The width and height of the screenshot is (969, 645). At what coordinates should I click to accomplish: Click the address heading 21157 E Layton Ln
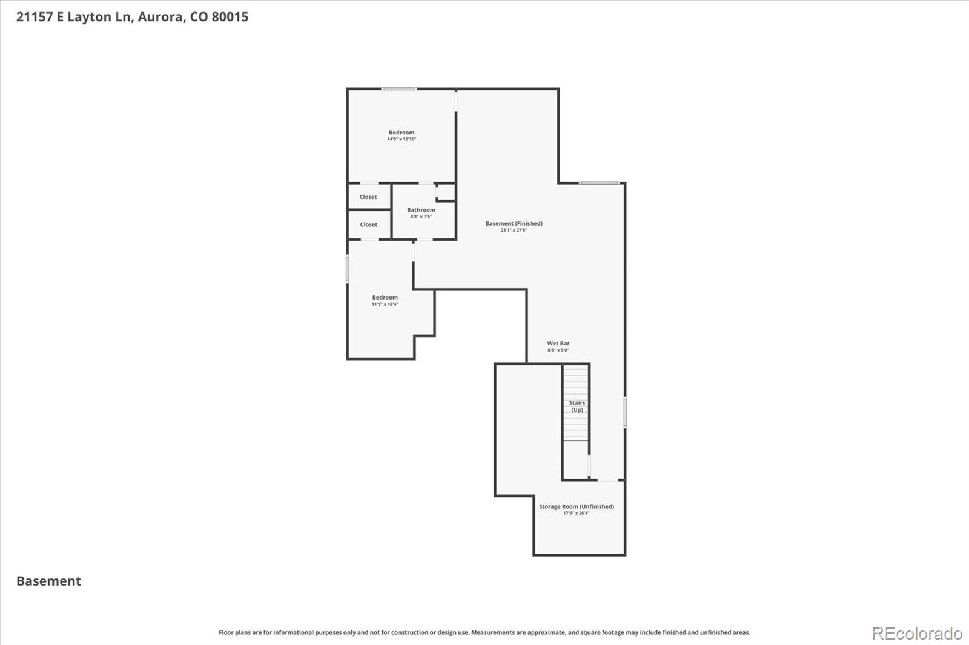pos(132,17)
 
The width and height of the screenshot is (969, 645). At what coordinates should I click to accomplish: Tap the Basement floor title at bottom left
pos(48,581)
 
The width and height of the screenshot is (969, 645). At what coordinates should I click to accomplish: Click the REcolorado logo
pos(916,634)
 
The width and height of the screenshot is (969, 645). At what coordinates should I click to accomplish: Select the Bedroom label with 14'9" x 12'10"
pos(402,133)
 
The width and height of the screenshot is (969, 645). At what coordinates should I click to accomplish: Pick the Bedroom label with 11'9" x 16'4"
pos(385,297)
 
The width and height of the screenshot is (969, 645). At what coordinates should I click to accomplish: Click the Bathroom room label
pos(421,210)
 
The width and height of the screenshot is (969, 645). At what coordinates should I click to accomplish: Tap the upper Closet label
pos(368,197)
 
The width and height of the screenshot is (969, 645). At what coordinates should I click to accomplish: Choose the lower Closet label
pos(369,224)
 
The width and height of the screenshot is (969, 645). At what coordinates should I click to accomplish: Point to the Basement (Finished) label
pos(514,223)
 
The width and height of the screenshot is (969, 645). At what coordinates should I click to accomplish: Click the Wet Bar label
pos(558,343)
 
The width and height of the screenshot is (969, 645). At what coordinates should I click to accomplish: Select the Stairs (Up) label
pos(577,406)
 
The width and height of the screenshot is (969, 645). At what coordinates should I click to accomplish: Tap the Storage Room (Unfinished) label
pos(576,506)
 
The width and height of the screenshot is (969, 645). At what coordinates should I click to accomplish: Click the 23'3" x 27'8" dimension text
pos(514,231)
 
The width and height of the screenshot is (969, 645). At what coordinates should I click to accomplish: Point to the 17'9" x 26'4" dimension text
pos(576,514)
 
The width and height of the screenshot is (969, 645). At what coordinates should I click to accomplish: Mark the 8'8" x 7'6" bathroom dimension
pos(421,217)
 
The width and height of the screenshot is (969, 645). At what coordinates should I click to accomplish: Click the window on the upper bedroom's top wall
pos(399,89)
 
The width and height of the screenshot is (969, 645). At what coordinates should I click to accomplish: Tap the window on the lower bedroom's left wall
pos(348,268)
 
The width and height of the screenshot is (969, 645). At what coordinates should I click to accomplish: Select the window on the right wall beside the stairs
pos(625,412)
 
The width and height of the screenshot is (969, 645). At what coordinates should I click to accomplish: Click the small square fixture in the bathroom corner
pos(446,192)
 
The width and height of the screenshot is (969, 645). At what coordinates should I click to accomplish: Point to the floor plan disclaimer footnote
pos(484,632)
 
